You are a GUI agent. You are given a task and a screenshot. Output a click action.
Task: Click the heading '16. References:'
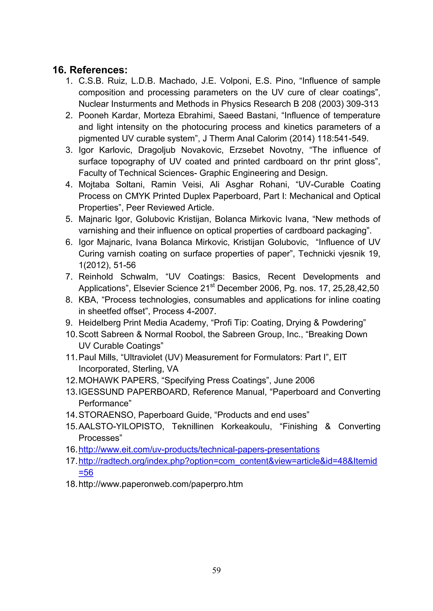(x=90, y=70)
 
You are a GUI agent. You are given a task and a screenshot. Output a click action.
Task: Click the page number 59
(x=216, y=570)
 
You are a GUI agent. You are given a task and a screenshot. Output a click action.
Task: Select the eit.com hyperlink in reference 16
(x=199, y=449)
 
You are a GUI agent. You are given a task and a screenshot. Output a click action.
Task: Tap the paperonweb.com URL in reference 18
(x=160, y=484)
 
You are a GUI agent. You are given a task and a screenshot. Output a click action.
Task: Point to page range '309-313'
(x=362, y=104)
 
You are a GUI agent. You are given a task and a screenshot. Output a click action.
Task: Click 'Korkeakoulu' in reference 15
(x=246, y=427)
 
